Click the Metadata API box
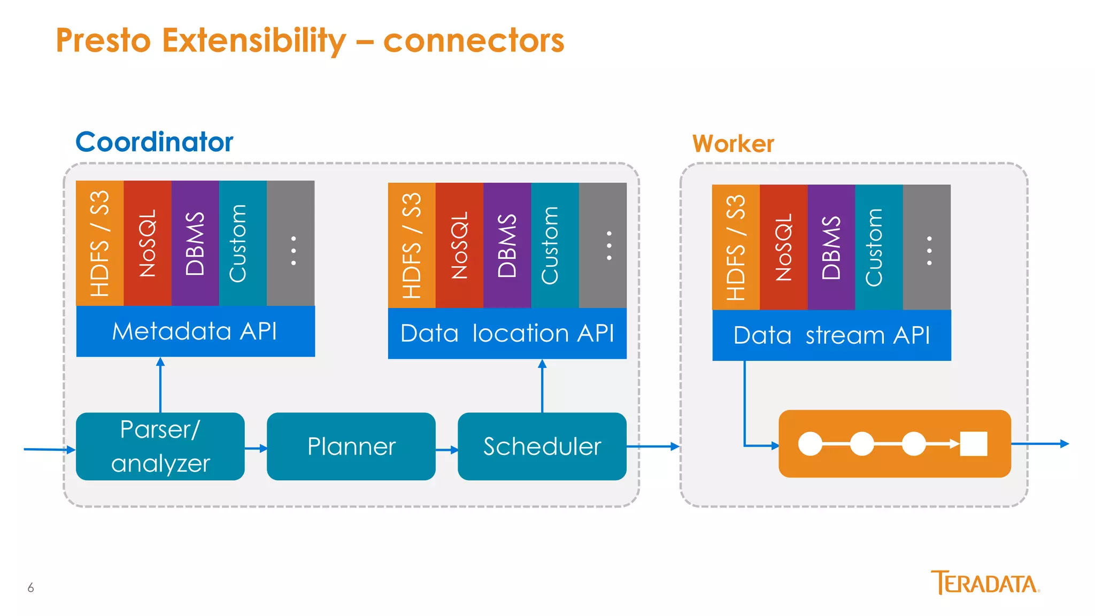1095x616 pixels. pyautogui.click(x=195, y=331)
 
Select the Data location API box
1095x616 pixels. pyautogui.click(x=507, y=333)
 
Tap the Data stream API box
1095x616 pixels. pyautogui.click(x=831, y=335)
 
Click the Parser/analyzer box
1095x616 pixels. pyautogui.click(x=160, y=446)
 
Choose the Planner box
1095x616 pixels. pyautogui.click(x=351, y=446)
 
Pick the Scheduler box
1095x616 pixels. pyautogui.click(x=542, y=446)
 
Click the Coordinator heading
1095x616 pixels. pyautogui.click(x=155, y=142)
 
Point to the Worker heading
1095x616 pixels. pyautogui.click(x=733, y=143)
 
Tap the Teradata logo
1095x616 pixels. pyautogui.click(x=985, y=583)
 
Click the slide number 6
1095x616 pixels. pyautogui.click(x=30, y=588)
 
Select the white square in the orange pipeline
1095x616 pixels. pyautogui.click(x=973, y=444)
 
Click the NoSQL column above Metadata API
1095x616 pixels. pyautogui.click(x=148, y=243)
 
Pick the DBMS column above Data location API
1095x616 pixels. pyautogui.click(x=507, y=245)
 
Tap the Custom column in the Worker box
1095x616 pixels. pyautogui.click(x=879, y=247)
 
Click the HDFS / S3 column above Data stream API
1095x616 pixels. pyautogui.click(x=736, y=247)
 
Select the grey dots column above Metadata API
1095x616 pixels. pyautogui.click(x=290, y=243)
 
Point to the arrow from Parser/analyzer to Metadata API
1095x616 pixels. pyautogui.click(x=160, y=385)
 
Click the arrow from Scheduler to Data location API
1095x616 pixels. pyautogui.click(x=542, y=386)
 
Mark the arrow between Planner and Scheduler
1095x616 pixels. pyautogui.click(x=447, y=450)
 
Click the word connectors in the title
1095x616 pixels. pyautogui.click(x=474, y=41)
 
